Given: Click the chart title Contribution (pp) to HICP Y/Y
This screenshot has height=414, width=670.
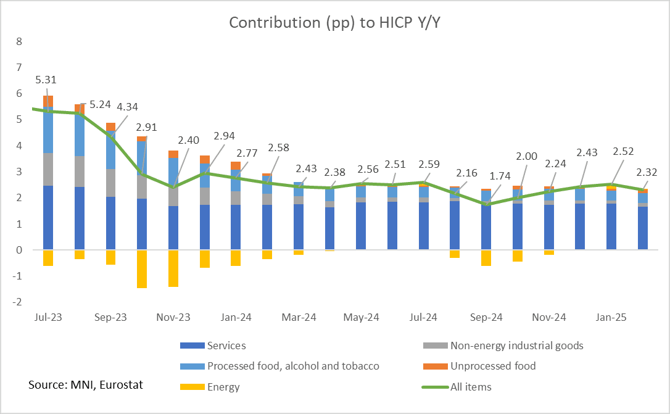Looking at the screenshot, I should coord(334,22).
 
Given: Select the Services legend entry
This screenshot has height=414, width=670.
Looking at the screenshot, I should coord(226,346).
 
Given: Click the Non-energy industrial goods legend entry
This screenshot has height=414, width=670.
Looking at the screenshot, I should coord(516,346).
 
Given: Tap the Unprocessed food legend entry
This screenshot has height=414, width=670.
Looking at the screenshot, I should coord(493,366).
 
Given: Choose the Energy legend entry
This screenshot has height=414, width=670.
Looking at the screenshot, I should coord(223,387).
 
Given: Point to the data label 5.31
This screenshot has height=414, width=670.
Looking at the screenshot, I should coord(46,80).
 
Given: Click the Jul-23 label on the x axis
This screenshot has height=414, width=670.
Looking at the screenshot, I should coord(48,317).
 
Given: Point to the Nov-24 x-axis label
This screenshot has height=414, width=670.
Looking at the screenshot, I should coord(548,317).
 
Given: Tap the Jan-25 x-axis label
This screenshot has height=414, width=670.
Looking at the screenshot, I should coord(611,317).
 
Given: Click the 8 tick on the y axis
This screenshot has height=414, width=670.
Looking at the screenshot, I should coord(19,41).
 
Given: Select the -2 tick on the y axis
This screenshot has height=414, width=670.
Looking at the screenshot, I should coord(17,302).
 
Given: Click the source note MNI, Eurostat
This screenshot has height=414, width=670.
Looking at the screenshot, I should coord(85,384).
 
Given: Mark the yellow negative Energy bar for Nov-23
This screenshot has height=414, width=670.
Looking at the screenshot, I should coord(173,268).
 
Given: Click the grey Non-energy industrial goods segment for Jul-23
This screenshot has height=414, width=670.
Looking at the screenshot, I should coord(48,169).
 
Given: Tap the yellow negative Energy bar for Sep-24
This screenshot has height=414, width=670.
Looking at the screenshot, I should coord(486,257).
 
